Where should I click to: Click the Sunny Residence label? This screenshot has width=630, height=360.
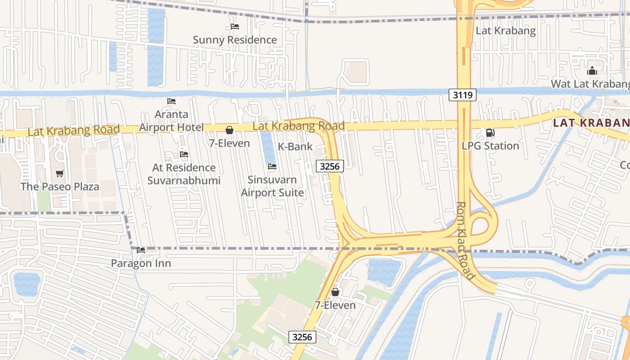coord(234,40)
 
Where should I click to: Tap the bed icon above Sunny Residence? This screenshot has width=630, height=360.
coord(234,27)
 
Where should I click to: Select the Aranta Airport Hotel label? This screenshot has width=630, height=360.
coord(171,121)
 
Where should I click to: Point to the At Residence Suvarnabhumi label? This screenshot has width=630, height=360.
coord(184,174)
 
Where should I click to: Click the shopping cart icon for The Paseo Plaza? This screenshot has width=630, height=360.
coord(59,173)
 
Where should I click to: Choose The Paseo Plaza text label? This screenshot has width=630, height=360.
coord(60,186)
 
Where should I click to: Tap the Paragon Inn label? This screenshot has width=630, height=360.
coord(141,263)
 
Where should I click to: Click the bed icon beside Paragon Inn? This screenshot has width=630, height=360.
coord(141,250)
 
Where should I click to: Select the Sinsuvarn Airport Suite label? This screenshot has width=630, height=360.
coord(272,186)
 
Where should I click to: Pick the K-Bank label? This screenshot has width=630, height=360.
coord(295,146)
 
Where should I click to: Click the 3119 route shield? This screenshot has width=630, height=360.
coord(462,94)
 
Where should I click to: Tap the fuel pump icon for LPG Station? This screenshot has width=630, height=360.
coord(490,133)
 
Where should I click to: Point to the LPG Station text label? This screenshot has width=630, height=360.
coord(490,146)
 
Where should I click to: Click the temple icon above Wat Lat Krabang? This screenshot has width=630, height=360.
coord(592,71)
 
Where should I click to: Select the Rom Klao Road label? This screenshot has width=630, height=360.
coord(465,240)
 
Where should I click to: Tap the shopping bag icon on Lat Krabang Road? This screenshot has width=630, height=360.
coord(229,130)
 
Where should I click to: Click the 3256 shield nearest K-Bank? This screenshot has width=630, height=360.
coord(330,166)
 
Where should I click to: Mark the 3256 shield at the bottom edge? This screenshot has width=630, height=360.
coord(302,337)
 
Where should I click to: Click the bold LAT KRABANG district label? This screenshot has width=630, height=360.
coord(591,122)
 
